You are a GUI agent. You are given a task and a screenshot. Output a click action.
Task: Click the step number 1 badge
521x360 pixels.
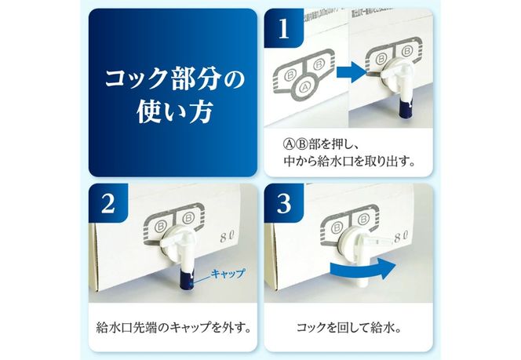click(x=283, y=30)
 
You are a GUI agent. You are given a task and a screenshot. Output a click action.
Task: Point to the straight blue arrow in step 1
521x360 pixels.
click(x=355, y=73)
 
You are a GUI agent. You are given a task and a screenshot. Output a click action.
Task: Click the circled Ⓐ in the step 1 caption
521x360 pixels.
click(x=287, y=147)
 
